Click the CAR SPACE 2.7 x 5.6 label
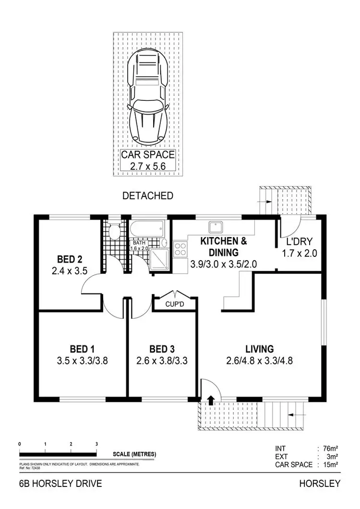point(147,160)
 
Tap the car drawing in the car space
point(148,98)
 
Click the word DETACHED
point(148,196)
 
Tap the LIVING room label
point(260,349)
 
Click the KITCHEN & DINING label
point(224,246)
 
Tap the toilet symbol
point(114,232)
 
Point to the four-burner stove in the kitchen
point(180,249)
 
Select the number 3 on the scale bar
point(97,444)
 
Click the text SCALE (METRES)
point(134,454)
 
